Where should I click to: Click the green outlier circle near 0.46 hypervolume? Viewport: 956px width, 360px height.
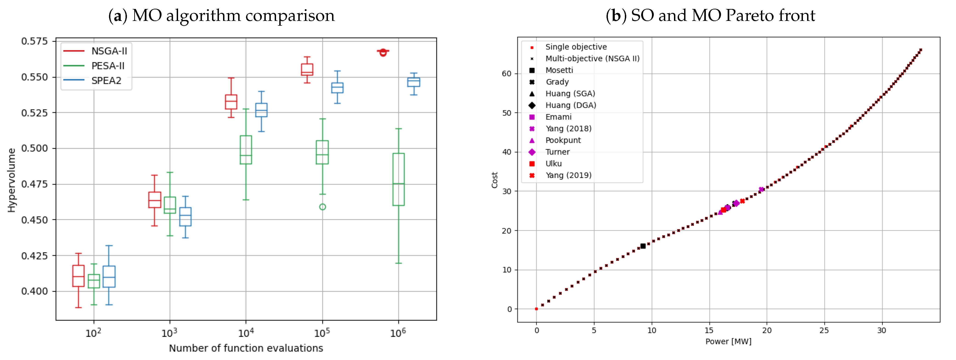tap(322, 207)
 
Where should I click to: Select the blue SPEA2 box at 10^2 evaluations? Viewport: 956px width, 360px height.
tap(109, 276)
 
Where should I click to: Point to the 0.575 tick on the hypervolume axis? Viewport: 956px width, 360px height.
tap(34, 41)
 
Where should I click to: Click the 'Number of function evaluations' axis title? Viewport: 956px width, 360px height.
tap(246, 348)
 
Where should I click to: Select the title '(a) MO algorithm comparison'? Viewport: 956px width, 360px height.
tap(221, 16)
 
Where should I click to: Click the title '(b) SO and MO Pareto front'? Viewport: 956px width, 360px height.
tap(710, 16)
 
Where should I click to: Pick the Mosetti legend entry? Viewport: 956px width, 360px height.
tap(559, 70)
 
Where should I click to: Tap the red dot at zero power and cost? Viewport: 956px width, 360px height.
tap(536, 309)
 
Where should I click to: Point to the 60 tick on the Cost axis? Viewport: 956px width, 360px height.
tap(507, 73)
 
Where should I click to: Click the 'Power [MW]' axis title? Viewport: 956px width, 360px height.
tap(728, 341)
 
